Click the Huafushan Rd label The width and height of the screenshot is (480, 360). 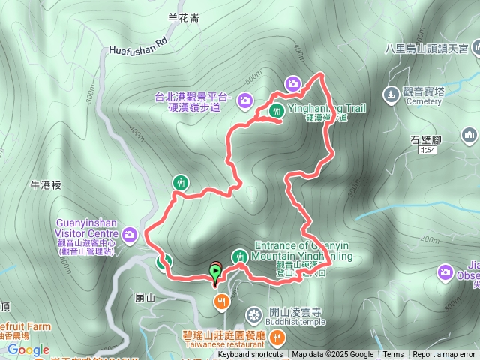point(138,48)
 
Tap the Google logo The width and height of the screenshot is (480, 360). point(28,349)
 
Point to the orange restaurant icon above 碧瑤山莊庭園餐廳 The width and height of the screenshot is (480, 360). point(221,301)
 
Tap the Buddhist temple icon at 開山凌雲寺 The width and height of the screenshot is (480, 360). point(254,313)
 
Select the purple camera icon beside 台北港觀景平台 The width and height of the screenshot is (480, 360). point(245,97)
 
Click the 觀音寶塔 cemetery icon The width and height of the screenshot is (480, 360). point(390,94)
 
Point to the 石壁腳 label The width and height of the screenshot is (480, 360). point(427,139)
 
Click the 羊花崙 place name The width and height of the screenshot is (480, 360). point(184,18)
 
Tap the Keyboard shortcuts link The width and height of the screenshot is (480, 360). point(250,355)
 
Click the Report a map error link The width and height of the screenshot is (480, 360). point(444,355)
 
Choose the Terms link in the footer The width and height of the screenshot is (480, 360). point(393,355)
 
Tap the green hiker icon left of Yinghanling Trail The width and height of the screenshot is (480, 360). point(276,112)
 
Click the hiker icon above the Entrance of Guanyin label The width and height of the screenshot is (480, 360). point(239,256)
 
